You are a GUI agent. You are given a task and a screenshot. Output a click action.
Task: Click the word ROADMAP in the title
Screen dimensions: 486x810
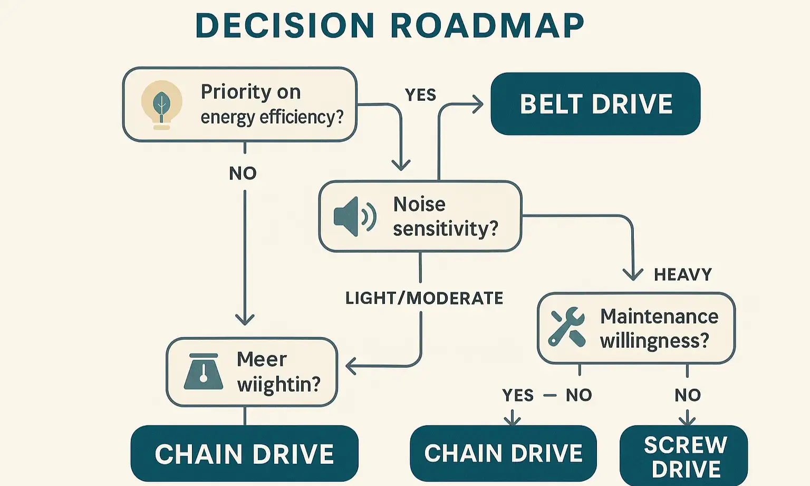tap(488, 25)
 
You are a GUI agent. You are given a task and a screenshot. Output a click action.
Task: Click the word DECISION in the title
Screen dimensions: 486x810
tap(285, 25)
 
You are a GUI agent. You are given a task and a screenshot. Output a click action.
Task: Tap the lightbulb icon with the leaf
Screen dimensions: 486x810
tap(161, 104)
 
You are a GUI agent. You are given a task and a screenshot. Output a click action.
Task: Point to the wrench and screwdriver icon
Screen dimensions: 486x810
tap(567, 327)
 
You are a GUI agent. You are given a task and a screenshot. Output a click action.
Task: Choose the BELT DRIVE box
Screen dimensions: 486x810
tap(595, 104)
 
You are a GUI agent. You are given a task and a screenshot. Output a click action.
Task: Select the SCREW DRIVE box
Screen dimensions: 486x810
tap(684, 456)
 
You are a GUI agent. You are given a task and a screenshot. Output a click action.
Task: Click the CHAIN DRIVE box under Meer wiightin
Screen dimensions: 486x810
tap(244, 454)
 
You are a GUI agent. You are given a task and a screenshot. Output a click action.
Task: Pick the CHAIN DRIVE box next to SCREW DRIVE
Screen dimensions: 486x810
tap(503, 453)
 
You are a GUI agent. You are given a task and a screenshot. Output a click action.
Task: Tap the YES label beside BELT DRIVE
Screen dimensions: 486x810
tap(420, 95)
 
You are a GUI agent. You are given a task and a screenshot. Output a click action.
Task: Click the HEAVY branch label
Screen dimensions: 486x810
tap(682, 274)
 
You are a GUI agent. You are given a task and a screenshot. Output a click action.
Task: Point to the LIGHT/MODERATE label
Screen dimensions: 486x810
tap(424, 298)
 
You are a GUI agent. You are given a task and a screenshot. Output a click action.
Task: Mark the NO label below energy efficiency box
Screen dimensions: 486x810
tap(243, 173)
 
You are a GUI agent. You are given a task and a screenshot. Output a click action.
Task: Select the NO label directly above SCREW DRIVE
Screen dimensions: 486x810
tap(687, 395)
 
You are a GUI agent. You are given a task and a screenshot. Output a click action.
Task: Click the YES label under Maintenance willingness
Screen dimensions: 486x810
tap(518, 395)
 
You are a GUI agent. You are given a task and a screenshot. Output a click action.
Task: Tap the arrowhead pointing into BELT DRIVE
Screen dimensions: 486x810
tap(478, 104)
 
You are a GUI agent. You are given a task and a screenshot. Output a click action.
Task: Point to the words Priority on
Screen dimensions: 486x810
tap(250, 92)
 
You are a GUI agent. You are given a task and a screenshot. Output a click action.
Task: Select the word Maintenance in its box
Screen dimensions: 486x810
tap(659, 316)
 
